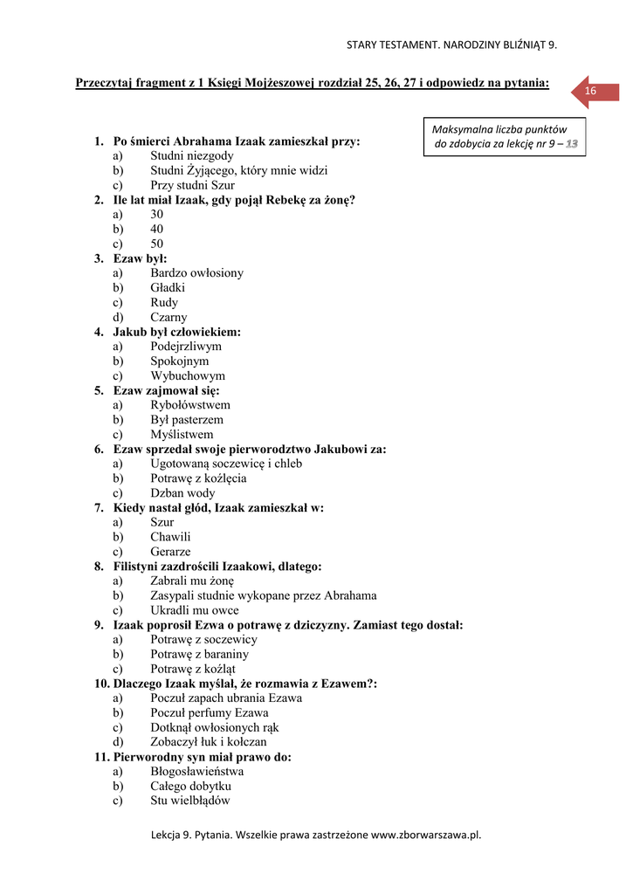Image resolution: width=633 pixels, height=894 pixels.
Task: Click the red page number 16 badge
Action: [591, 92]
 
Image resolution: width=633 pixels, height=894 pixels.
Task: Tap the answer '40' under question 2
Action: [156, 229]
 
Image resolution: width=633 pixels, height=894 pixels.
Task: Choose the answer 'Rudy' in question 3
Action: [164, 302]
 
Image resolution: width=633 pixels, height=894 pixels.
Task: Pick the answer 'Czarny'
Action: [169, 317]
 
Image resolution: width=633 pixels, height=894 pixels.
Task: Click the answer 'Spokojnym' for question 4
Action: [179, 361]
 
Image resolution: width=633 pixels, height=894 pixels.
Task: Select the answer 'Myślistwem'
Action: [182, 434]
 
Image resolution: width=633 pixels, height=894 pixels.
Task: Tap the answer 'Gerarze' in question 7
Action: [170, 552]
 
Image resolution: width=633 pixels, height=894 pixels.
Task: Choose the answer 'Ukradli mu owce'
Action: [194, 610]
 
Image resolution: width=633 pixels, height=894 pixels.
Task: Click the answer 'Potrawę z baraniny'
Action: [200, 654]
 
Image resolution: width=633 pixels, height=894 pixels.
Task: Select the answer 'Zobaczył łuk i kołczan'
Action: [209, 742]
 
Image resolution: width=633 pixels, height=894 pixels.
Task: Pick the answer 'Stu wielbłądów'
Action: [190, 801]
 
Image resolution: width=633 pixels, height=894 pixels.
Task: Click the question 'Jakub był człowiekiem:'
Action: [177, 332]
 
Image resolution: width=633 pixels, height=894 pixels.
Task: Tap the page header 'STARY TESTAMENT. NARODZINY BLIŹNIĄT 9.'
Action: [451, 45]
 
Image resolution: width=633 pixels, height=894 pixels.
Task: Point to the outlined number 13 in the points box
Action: [571, 143]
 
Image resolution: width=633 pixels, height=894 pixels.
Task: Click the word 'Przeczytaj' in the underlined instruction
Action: [105, 83]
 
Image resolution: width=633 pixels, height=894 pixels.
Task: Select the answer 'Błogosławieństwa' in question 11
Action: [196, 772]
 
